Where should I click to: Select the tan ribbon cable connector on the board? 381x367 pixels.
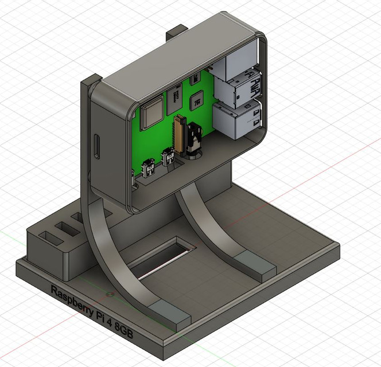(x=182, y=135)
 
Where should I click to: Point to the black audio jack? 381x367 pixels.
(x=196, y=138)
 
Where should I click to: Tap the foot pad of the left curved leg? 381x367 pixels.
(x=172, y=314)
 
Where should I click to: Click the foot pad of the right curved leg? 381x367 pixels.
(x=258, y=266)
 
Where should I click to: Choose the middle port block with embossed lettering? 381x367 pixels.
(x=238, y=89)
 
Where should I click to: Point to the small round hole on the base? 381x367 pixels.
(x=109, y=294)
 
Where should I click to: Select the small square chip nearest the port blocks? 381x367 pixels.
(x=197, y=99)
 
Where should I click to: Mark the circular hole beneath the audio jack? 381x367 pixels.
(x=195, y=154)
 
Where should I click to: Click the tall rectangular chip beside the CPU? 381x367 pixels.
(x=174, y=102)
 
